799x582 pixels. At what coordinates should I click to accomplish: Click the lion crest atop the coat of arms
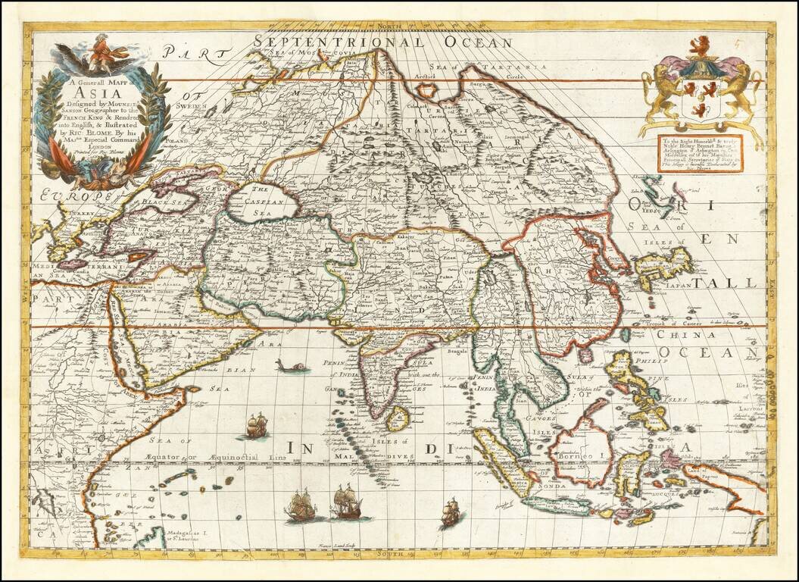[x=700, y=48]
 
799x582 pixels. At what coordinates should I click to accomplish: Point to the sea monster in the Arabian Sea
[x=292, y=367]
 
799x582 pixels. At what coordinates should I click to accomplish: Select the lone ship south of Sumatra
[x=451, y=513]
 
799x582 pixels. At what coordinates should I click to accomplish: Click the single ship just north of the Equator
[x=254, y=427]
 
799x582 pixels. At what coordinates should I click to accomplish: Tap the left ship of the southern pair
[x=301, y=505]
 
